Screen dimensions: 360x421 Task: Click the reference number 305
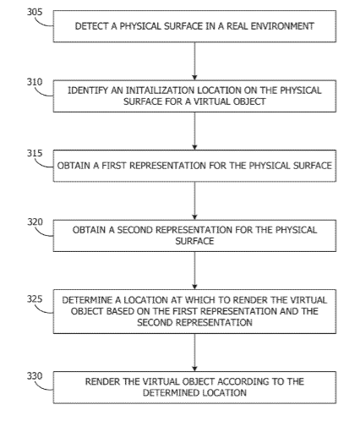coord(35,12)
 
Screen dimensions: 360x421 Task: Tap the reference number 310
coord(35,82)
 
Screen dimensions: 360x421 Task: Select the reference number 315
coord(35,153)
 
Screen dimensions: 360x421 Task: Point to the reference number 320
coord(35,222)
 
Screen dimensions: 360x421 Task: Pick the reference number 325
coord(35,299)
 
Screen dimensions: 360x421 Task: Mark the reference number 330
coord(35,376)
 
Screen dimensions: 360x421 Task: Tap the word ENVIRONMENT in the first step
coord(282,26)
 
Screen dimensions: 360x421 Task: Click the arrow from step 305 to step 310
coord(194,61)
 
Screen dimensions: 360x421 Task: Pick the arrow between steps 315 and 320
coord(194,200)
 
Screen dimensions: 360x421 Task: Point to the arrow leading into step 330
coord(194,353)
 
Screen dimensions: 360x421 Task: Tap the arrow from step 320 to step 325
coord(194,271)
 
